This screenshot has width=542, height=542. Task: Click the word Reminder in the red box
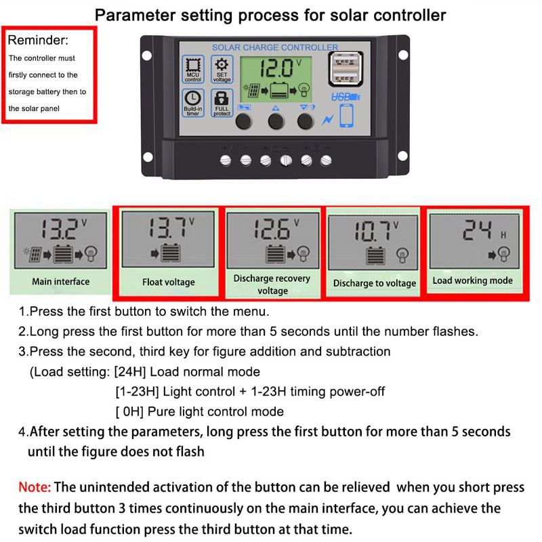[x=38, y=41]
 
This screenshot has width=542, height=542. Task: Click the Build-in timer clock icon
[x=193, y=102]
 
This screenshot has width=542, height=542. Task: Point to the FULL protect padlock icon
[x=222, y=102]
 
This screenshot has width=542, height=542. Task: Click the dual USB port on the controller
[x=343, y=72]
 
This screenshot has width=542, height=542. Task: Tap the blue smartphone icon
[x=347, y=117]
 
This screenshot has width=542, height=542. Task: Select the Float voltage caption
[x=168, y=282]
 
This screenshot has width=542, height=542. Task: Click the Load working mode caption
[x=472, y=280]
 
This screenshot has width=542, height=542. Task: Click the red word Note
[x=34, y=486]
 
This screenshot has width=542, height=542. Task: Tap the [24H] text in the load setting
[x=130, y=372]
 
